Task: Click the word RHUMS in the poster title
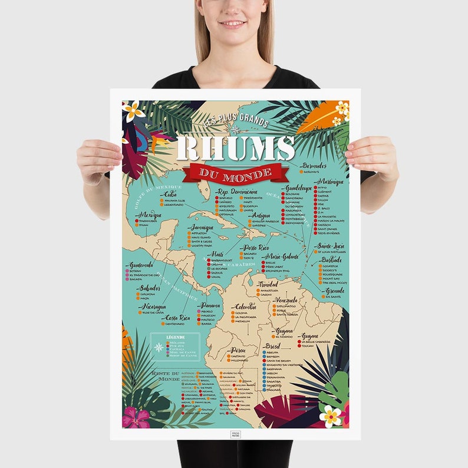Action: pyautogui.click(x=235, y=148)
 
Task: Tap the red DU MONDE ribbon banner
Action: pyautogui.click(x=235, y=173)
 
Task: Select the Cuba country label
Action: pyautogui.click(x=170, y=193)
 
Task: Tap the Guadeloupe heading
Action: pyautogui.click(x=297, y=188)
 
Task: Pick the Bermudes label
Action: pyautogui.click(x=314, y=166)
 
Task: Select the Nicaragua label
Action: pyautogui.click(x=153, y=306)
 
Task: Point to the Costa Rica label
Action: pyautogui.click(x=177, y=318)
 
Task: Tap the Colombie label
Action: pyautogui.click(x=245, y=306)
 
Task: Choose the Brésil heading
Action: pyautogui.click(x=272, y=346)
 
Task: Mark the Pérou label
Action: pyautogui.click(x=238, y=350)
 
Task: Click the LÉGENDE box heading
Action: pyautogui.click(x=176, y=337)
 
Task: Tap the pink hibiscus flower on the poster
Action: pyautogui.click(x=136, y=417)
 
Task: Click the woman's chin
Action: pyautogui.click(x=234, y=34)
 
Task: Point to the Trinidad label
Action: pyautogui.click(x=268, y=284)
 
